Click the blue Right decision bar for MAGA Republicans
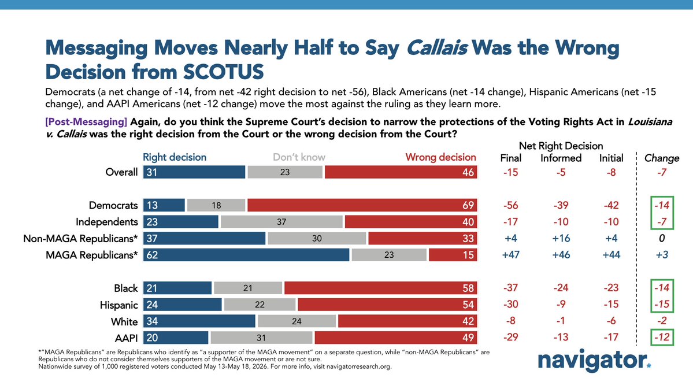pyautogui.click(x=246, y=255)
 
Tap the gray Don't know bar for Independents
pyautogui.click(x=281, y=222)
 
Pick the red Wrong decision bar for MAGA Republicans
pyautogui.click(x=453, y=255)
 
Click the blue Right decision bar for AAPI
pyautogui.click(x=176, y=338)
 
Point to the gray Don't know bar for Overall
pyautogui.click(x=285, y=172)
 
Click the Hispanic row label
pyautogui.click(x=119, y=305)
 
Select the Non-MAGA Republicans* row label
pyautogui.click(x=80, y=239)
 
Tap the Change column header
pyautogui.click(x=662, y=158)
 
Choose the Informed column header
pyautogui.click(x=561, y=158)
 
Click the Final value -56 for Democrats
pyautogui.click(x=510, y=206)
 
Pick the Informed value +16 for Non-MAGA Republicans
pyautogui.click(x=561, y=239)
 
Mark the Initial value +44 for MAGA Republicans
pyautogui.click(x=612, y=255)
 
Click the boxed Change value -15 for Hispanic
pyautogui.click(x=662, y=305)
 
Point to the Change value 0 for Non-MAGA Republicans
pyautogui.click(x=662, y=239)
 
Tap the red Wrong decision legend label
pyautogui.click(x=440, y=157)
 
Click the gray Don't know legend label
pyautogui.click(x=299, y=157)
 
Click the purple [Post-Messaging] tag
pyautogui.click(x=86, y=122)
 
